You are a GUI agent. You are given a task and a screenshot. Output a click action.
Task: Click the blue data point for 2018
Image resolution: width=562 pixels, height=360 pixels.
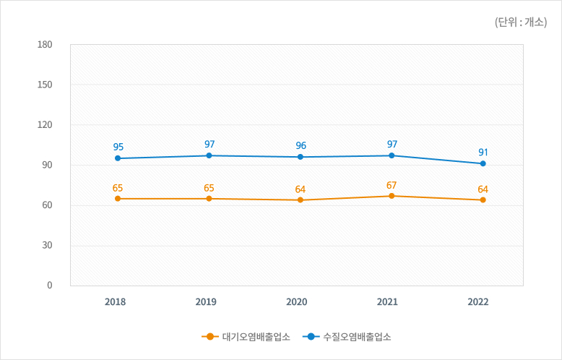(x=117, y=158)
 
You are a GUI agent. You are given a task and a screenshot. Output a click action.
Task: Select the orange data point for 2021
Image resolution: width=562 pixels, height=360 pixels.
(x=392, y=196)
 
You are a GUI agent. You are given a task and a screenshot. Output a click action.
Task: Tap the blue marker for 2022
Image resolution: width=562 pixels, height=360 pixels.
(x=483, y=163)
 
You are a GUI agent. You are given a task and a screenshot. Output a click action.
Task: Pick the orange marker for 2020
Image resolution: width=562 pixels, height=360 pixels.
(x=300, y=200)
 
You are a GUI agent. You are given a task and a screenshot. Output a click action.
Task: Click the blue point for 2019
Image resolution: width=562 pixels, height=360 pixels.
(x=209, y=155)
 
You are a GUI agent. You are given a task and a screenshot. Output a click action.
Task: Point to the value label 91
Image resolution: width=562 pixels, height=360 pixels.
(x=483, y=152)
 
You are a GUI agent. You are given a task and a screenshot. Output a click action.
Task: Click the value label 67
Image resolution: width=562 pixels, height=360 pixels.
(x=392, y=185)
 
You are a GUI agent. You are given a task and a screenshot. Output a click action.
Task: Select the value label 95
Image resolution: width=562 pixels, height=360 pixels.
(x=118, y=147)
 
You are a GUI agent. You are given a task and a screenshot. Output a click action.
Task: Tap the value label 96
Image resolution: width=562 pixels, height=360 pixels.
(x=301, y=145)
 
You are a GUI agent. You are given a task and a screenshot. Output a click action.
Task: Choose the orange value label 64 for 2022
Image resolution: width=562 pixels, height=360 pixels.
(x=483, y=189)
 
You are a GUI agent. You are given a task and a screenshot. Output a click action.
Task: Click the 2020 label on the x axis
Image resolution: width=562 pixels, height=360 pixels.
(x=297, y=302)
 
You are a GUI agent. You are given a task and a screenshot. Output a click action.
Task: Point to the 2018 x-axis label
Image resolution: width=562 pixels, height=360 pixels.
(x=115, y=302)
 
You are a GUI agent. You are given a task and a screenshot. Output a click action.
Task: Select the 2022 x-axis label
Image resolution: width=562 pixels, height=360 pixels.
(x=477, y=302)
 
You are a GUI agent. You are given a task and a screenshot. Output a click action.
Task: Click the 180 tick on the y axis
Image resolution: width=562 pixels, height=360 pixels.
(x=45, y=45)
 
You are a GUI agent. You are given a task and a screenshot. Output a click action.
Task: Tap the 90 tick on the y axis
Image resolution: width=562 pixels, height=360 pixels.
(x=47, y=166)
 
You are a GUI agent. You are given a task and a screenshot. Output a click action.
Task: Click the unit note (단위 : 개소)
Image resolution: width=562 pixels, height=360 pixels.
(x=521, y=22)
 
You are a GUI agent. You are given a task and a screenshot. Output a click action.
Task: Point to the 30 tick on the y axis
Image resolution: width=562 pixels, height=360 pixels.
(x=47, y=246)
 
